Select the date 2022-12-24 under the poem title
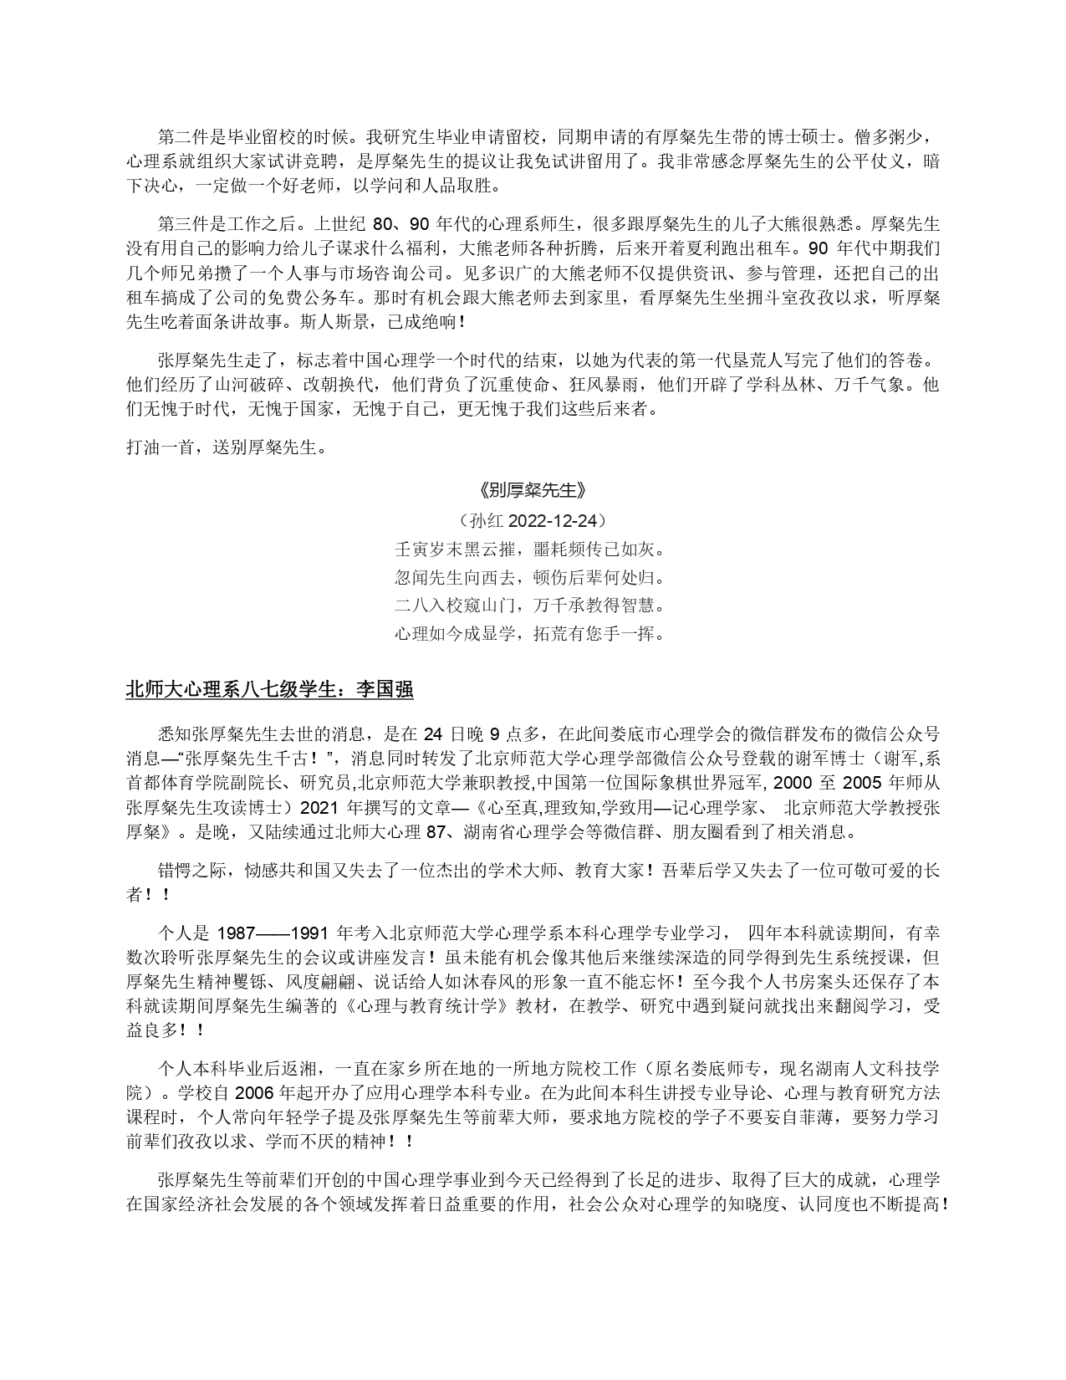pos(556,520)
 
